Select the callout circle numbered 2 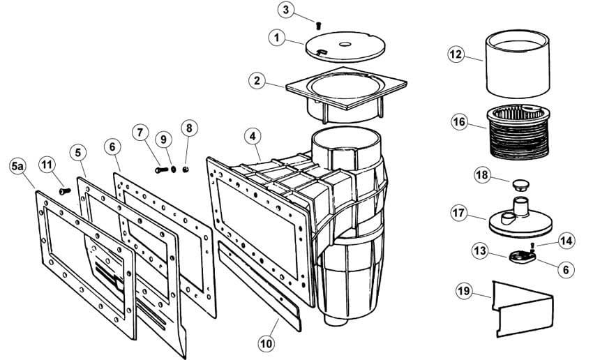pyautogui.click(x=258, y=80)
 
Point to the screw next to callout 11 pyautogui.click(x=64, y=190)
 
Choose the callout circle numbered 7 pyautogui.click(x=140, y=131)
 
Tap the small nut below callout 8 pyautogui.click(x=185, y=168)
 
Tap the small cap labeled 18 pyautogui.click(x=518, y=185)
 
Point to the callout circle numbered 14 pyautogui.click(x=566, y=241)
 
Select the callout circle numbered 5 pyautogui.click(x=77, y=151)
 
